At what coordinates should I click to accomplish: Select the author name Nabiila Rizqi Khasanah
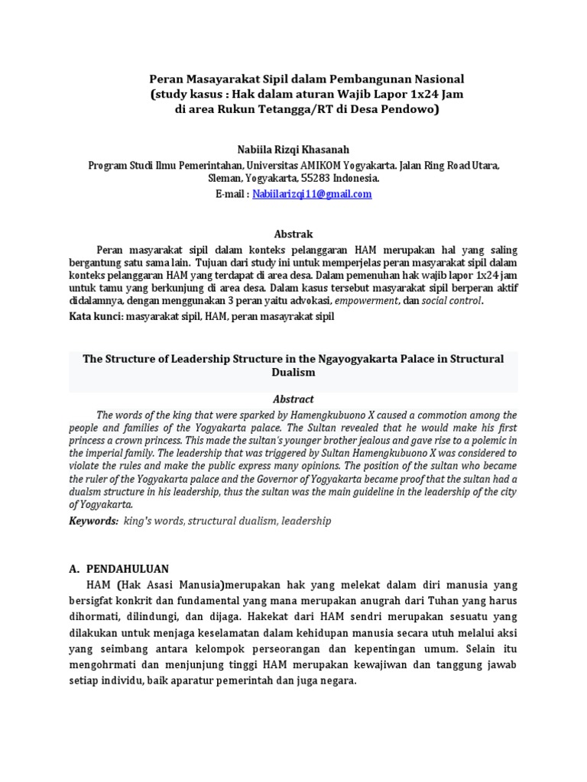click(293, 150)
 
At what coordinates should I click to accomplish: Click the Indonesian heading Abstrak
click(293, 234)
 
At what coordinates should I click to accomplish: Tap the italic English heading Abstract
click(293, 399)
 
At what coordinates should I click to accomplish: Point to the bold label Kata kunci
click(96, 315)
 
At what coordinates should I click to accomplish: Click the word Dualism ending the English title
click(293, 373)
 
